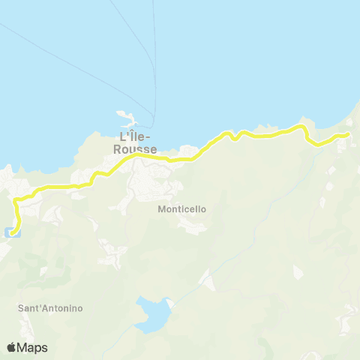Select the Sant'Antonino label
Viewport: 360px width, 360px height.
coord(50,308)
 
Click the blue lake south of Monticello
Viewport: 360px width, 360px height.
coord(153,314)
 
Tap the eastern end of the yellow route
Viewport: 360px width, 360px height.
coord(347,134)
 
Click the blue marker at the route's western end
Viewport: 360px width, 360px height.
coord(10,232)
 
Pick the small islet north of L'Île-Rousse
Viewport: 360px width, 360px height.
coord(126,115)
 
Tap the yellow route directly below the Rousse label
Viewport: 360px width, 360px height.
coord(138,157)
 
